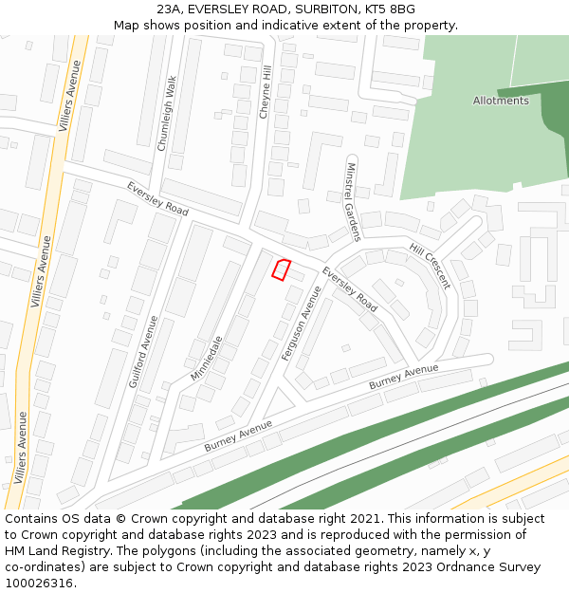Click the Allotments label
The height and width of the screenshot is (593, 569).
pyautogui.click(x=501, y=101)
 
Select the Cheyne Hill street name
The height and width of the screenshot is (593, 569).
pyautogui.click(x=266, y=92)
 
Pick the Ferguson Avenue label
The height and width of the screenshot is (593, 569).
pyautogui.click(x=302, y=323)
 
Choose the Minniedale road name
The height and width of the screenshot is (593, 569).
pyautogui.click(x=206, y=358)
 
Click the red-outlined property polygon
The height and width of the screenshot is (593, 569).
pyautogui.click(x=281, y=269)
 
